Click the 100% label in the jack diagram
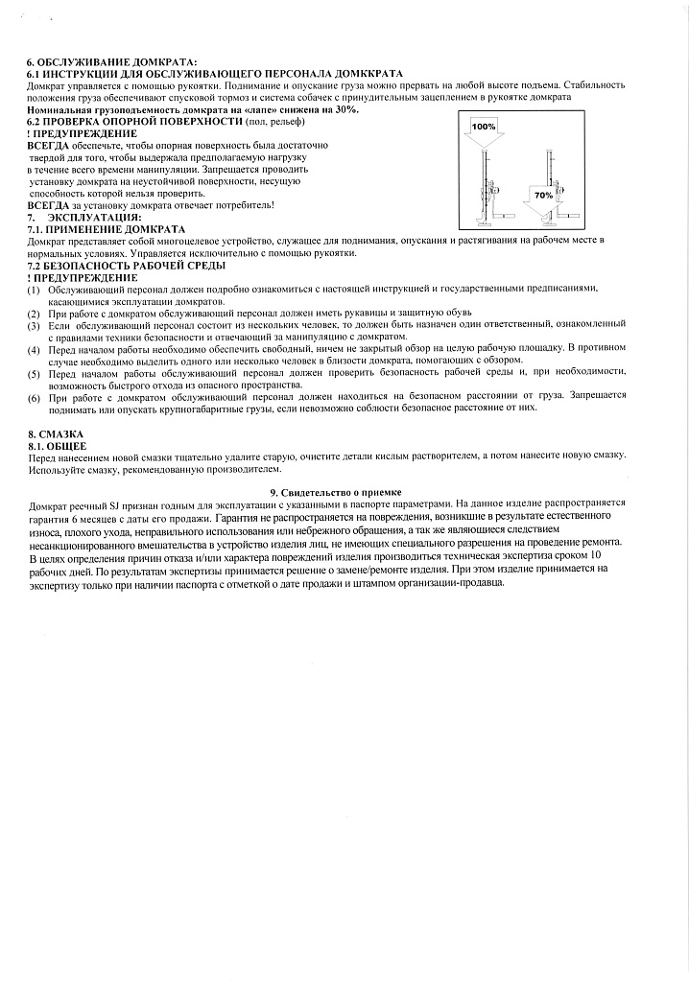tap(483, 127)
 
